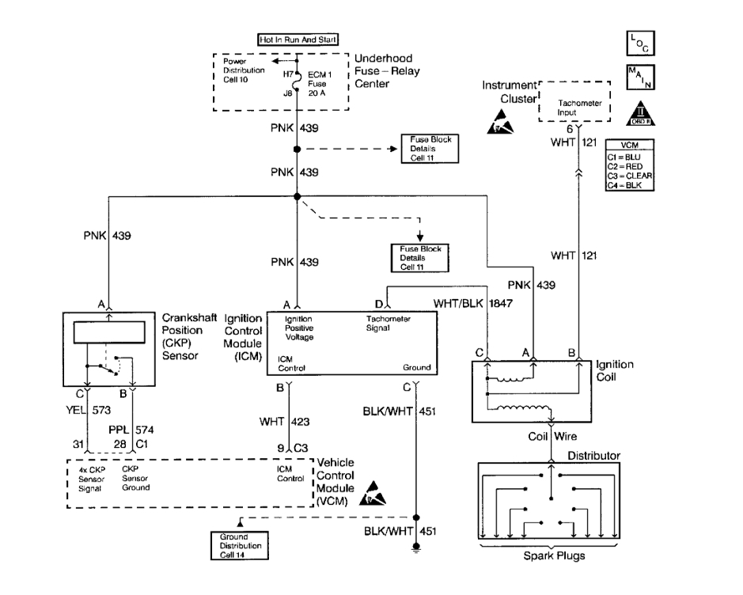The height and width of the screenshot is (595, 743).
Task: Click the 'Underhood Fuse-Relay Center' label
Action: tap(388, 70)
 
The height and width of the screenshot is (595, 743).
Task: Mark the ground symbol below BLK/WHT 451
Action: tap(416, 547)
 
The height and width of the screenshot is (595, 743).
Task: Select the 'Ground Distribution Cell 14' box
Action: tap(240, 546)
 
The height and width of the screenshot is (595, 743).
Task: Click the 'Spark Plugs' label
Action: tap(553, 555)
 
